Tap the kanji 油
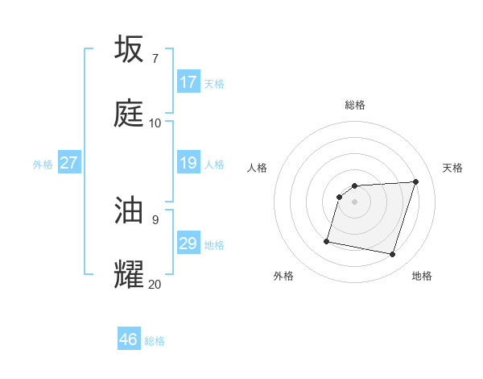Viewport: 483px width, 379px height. coord(130,210)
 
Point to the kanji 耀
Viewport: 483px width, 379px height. coord(130,274)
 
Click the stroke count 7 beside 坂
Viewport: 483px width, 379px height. coord(155,58)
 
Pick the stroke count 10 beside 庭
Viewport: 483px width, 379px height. coord(155,123)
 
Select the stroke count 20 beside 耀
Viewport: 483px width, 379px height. coord(155,284)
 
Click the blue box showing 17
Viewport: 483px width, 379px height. coord(188,82)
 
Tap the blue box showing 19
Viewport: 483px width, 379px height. coord(188,163)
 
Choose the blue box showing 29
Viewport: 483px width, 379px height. coord(188,244)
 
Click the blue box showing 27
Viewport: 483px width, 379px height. coord(69,163)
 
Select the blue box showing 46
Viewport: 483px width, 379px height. coord(129,339)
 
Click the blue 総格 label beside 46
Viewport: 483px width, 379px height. coord(155,341)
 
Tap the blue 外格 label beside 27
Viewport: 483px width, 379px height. coord(43,165)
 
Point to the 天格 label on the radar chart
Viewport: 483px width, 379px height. coord(453,168)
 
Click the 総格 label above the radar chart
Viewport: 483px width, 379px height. coord(355,105)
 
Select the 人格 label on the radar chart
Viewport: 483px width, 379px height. coord(258,168)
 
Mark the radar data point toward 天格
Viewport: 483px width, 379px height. coord(415,181)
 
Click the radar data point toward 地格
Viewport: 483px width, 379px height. coord(392,255)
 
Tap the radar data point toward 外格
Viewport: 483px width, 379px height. coord(327,240)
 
